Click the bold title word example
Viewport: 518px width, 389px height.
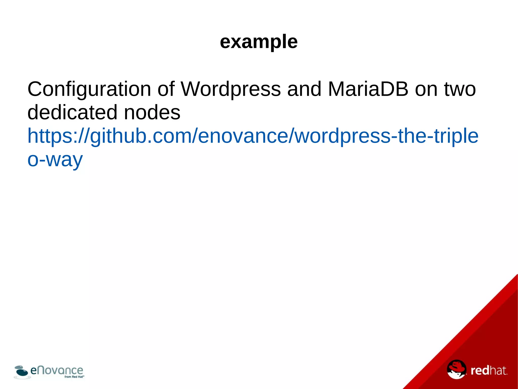tap(259, 42)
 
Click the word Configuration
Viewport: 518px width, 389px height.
tap(89, 89)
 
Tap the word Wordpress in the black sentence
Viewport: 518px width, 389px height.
tap(230, 89)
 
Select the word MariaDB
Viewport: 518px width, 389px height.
tap(368, 89)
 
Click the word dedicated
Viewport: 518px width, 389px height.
tap(72, 112)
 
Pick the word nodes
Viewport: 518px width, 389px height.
tap(152, 112)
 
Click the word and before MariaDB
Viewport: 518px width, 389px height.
tap(304, 89)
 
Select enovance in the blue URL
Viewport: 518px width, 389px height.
tap(243, 136)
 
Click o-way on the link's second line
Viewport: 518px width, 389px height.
tap(55, 160)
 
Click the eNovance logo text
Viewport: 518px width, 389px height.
tap(57, 371)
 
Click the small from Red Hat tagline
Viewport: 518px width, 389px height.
tap(74, 377)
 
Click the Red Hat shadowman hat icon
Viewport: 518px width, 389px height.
tap(456, 369)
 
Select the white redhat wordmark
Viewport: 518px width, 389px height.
tap(489, 371)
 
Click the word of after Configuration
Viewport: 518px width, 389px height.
tap(166, 89)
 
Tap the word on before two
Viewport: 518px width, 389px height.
tap(426, 89)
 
